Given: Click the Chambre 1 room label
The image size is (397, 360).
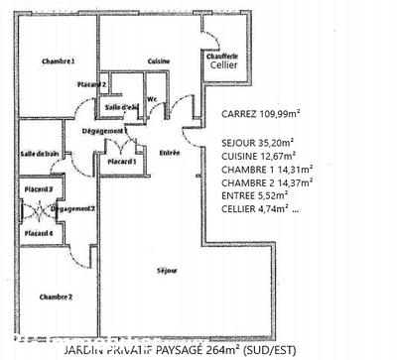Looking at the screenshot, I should [58, 61].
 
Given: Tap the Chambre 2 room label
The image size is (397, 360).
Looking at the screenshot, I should [56, 297].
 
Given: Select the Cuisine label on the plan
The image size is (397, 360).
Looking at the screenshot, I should [159, 61].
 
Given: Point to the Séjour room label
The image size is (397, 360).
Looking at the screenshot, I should [168, 270].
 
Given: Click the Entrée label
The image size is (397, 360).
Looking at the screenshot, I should [170, 152].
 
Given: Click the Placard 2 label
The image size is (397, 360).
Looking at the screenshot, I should [91, 84].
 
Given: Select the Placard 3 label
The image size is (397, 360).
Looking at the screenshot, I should [39, 188].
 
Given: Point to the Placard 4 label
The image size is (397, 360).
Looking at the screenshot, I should [39, 232].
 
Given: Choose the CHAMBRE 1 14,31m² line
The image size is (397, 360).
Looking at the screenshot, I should [267, 170].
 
